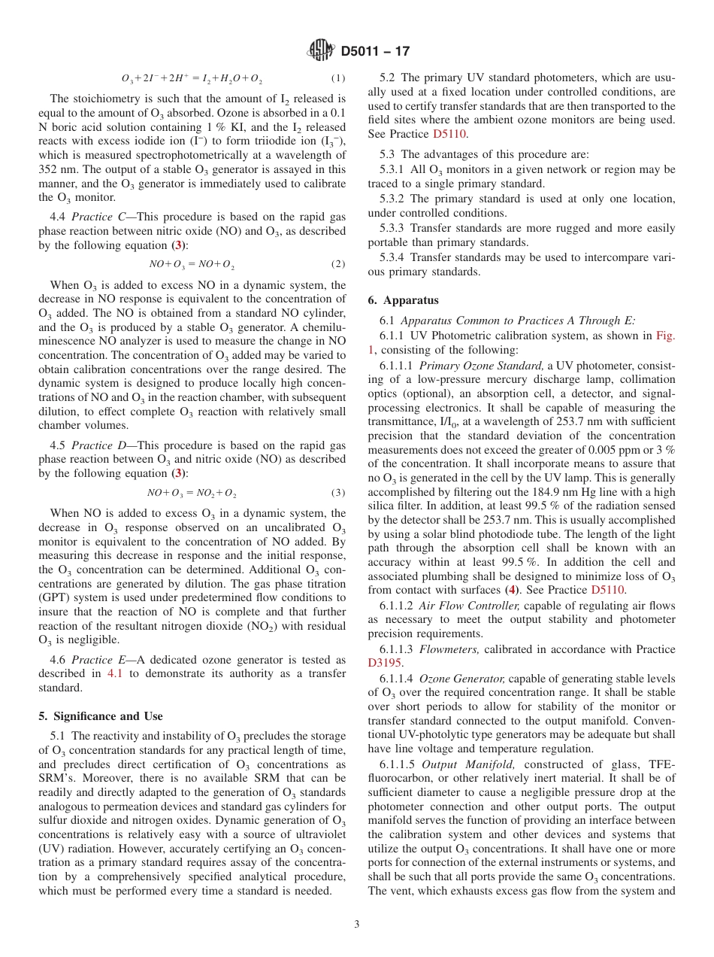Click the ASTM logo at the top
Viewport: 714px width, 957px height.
tap(321, 51)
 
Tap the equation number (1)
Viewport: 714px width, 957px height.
tap(338, 78)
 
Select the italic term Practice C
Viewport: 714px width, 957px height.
tap(92, 217)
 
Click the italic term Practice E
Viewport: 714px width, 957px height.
tap(92, 660)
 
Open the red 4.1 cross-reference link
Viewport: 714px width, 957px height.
tap(116, 673)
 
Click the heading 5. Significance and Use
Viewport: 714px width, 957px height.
tap(101, 715)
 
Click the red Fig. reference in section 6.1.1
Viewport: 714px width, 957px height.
tap(665, 336)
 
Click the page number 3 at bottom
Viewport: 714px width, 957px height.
tap(357, 925)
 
